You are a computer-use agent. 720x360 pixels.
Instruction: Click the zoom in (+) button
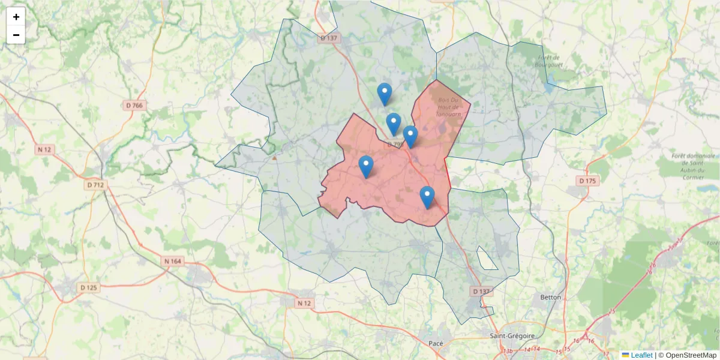pyautogui.click(x=16, y=17)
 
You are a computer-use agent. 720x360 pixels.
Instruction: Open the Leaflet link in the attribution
pyautogui.click(x=641, y=355)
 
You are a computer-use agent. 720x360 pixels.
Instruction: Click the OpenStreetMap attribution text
pyautogui.click(x=690, y=355)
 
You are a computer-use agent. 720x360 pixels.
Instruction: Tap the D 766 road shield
pyautogui.click(x=134, y=106)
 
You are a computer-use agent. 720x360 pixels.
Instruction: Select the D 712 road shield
pyautogui.click(x=95, y=185)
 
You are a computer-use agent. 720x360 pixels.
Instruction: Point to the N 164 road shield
pyautogui.click(x=173, y=261)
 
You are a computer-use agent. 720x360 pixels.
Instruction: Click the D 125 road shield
pyautogui.click(x=88, y=288)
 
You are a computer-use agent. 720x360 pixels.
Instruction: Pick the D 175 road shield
pyautogui.click(x=587, y=181)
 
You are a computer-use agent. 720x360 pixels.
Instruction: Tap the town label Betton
pyautogui.click(x=550, y=297)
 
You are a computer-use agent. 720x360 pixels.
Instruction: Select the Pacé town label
pyautogui.click(x=436, y=343)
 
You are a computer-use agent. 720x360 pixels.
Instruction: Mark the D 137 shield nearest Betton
pyautogui.click(x=481, y=292)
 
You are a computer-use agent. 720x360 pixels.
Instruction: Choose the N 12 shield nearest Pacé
pyautogui.click(x=305, y=303)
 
